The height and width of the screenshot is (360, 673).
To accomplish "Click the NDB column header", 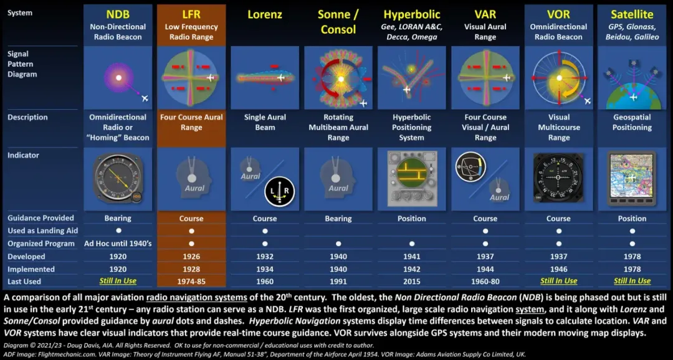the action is [118, 14].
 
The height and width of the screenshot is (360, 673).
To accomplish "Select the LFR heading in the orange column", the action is [191, 14].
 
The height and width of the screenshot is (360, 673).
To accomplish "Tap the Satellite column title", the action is [632, 14].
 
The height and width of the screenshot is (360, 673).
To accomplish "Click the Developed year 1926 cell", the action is [191, 257].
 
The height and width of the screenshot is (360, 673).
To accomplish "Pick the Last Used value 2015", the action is [412, 282].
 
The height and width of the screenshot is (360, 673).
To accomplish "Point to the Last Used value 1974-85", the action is [191, 282].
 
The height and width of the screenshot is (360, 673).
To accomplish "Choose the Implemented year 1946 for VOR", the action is [559, 269].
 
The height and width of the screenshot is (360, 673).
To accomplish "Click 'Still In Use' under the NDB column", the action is [118, 282].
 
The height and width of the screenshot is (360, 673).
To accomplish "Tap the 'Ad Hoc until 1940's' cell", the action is [118, 244].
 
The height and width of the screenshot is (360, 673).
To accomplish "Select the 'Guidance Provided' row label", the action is [41, 218].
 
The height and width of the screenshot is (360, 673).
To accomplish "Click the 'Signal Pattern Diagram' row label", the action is [22, 64].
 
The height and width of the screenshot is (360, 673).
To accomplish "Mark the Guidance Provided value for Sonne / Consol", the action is [338, 219].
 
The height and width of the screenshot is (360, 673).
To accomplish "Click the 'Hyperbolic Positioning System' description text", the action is [412, 127].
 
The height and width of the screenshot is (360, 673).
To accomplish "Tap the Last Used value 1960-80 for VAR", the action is [485, 282].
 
